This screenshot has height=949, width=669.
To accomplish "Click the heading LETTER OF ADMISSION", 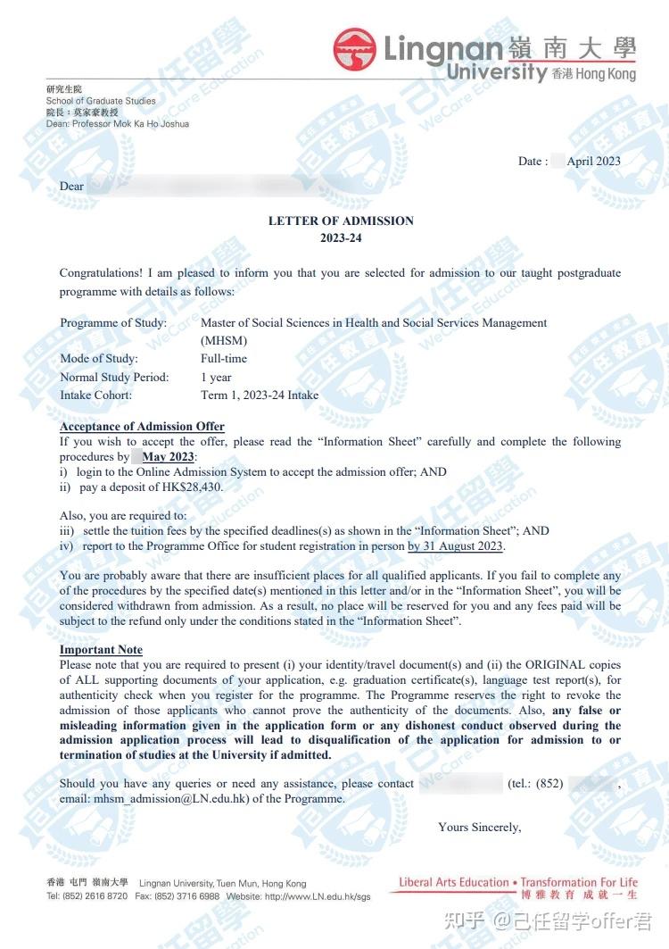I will click(341, 221).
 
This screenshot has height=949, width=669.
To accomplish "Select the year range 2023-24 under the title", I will click(341, 237).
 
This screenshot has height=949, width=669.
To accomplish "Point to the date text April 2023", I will click(593, 161).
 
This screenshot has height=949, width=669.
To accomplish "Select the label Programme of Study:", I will click(113, 322).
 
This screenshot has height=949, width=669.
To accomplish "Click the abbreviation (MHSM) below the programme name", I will click(224, 340).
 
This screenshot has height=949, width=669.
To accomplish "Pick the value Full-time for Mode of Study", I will click(224, 358).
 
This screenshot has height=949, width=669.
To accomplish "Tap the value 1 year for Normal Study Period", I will click(216, 377).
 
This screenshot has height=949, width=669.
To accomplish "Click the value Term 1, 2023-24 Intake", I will click(260, 395).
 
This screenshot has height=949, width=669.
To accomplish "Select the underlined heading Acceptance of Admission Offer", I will click(142, 426).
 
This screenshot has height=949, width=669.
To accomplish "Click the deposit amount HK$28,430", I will click(190, 487).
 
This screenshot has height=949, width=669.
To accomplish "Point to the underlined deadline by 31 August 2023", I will click(455, 545).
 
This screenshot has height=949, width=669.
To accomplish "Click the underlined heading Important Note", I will click(101, 649).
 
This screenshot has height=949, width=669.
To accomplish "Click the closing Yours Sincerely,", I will click(479, 827).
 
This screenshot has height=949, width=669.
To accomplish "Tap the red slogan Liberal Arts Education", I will click(453, 882).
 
